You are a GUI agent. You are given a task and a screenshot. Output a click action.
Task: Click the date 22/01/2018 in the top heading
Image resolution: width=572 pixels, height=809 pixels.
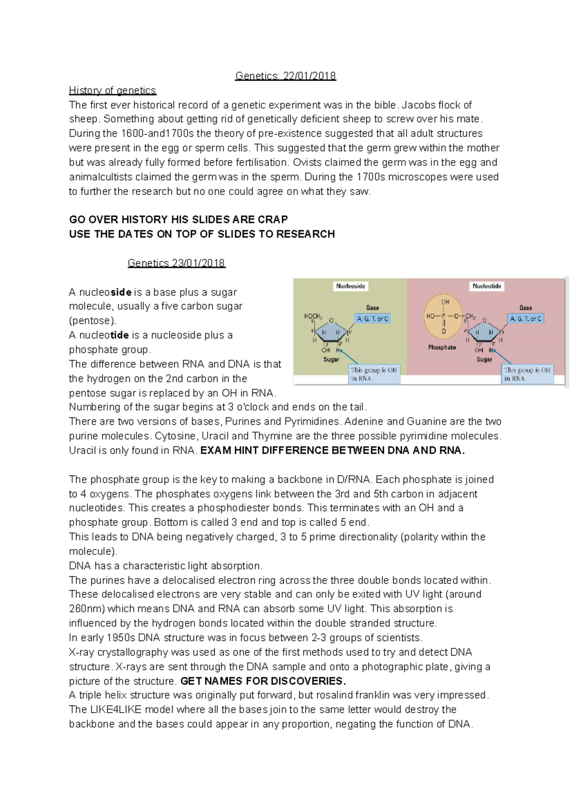coord(309,76)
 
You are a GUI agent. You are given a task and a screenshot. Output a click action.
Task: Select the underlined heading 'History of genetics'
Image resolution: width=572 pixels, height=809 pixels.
coord(112,91)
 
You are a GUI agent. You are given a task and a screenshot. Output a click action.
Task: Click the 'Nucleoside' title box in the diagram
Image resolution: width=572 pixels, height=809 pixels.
coord(351,286)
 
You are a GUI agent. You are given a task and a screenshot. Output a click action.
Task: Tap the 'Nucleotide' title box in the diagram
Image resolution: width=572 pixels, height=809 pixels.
coord(487,286)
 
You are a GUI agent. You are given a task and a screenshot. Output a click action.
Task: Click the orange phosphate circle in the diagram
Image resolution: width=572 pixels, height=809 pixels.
coord(444,316)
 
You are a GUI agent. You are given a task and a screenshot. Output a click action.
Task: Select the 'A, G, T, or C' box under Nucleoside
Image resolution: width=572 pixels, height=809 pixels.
coord(373,318)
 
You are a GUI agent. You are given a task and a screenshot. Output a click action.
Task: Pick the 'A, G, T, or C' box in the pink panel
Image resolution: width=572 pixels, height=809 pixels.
coord(526,318)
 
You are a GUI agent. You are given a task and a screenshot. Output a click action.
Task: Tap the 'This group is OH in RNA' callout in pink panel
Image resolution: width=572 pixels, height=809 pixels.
coord(528,374)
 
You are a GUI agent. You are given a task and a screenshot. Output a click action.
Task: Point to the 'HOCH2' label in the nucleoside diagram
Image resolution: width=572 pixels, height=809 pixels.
coord(313,316)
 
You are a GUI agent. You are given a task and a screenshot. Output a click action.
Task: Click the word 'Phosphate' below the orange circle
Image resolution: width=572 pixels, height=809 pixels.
coord(442,348)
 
